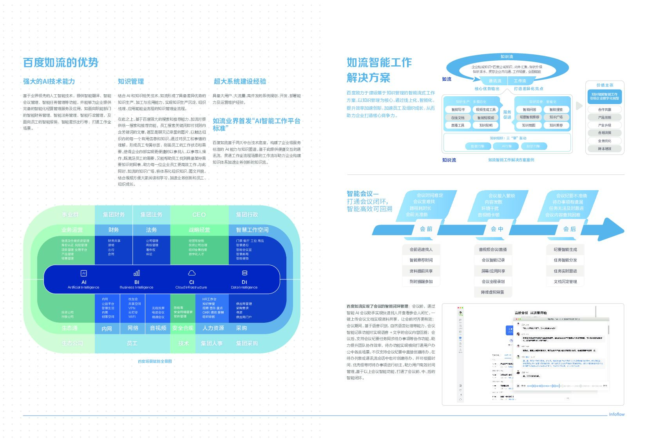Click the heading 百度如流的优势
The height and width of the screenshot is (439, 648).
pyautogui.click(x=61, y=63)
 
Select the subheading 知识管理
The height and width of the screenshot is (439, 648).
pyautogui.click(x=131, y=81)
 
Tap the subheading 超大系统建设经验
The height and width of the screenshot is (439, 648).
pyautogui.click(x=240, y=81)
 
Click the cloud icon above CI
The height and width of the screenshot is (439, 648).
pyautogui.click(x=192, y=273)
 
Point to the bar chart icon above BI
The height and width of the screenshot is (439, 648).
pyautogui.click(x=137, y=273)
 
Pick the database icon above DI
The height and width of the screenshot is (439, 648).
pyautogui.click(x=244, y=273)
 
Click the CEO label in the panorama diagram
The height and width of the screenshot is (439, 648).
pyautogui.click(x=199, y=215)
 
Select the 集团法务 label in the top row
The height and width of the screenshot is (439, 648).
pyautogui.click(x=151, y=215)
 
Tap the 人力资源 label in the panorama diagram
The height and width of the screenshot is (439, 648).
pyautogui.click(x=213, y=328)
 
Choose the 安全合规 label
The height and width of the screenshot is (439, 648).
pyautogui.click(x=183, y=328)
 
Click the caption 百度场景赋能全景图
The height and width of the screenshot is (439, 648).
pyautogui.click(x=155, y=361)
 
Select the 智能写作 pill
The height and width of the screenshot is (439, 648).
pyautogui.click(x=458, y=110)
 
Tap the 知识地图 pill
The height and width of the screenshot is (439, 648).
pyautogui.click(x=529, y=125)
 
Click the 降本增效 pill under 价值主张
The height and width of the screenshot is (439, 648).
pyautogui.click(x=605, y=149)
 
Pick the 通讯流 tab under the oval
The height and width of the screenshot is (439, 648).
pyautogui.click(x=495, y=81)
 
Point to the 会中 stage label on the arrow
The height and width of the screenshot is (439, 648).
pyautogui.click(x=497, y=229)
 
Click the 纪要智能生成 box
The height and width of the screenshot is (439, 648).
pyautogui.click(x=565, y=250)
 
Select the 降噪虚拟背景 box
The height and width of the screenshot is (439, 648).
pyautogui.click(x=493, y=292)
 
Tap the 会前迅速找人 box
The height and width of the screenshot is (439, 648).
pyautogui.click(x=421, y=250)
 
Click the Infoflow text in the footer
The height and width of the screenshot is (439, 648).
pyautogui.click(x=617, y=414)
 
